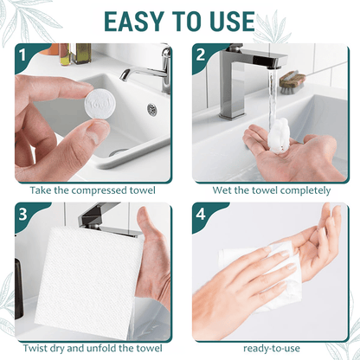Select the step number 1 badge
coord(24,58)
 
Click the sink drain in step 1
coord(152,109)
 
